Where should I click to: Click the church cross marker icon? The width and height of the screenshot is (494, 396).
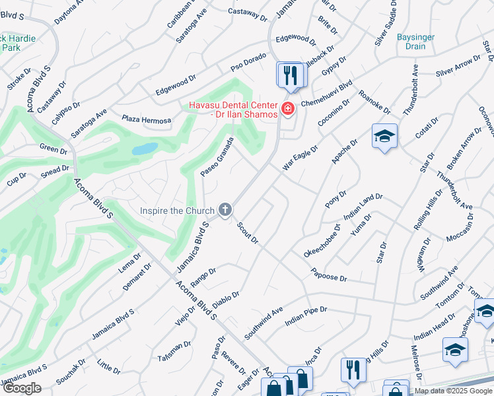225,211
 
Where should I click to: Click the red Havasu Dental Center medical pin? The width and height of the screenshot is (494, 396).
288,109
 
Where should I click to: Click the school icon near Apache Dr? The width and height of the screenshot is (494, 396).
384,136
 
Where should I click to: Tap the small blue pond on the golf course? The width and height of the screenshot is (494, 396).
145,148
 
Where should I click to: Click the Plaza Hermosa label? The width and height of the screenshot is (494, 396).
147,119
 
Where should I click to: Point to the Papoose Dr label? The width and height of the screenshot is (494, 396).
328,274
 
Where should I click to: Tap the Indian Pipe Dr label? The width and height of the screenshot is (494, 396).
306,316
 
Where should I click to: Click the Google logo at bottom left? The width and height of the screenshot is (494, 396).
22,388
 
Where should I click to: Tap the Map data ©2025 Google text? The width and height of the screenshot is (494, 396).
453,391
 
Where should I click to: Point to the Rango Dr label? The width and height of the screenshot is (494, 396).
203,277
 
